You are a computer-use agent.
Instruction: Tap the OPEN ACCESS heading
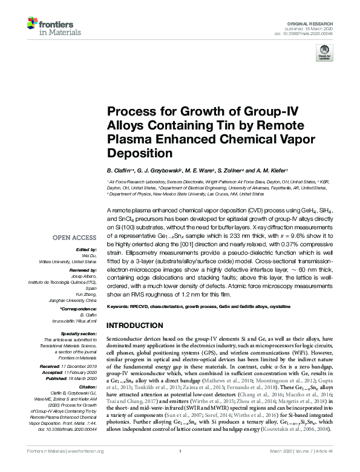click(78, 237)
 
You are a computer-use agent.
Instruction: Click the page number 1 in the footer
click(180, 468)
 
